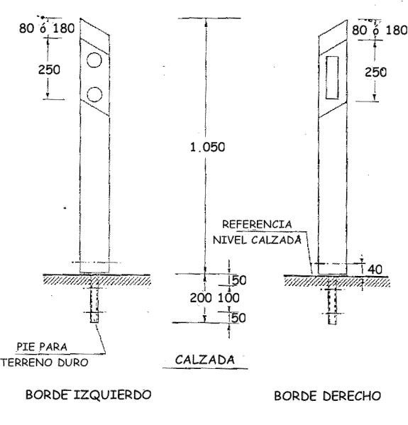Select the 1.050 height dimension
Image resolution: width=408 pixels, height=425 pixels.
[207, 147]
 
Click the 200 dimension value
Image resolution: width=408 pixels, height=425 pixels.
[201, 298]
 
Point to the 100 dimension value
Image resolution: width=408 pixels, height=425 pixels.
[228, 298]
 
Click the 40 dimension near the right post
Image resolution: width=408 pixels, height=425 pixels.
[375, 270]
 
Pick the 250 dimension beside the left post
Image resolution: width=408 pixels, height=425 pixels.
[49, 70]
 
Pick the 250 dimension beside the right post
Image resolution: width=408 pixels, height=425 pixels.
[375, 72]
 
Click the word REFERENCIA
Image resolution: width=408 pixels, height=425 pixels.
[257, 224]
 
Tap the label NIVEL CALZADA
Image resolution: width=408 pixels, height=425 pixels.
[257, 240]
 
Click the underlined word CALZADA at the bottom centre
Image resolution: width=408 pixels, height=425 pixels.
[204, 360]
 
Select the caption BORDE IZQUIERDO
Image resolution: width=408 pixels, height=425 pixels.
[89, 394]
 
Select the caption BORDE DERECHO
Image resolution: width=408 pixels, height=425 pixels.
[328, 396]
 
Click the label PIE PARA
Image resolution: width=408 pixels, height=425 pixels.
[42, 347]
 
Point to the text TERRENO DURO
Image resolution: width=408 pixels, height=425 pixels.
[45, 363]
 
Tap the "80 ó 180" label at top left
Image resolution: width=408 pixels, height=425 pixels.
[47, 28]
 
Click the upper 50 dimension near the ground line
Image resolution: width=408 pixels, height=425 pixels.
[238, 280]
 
